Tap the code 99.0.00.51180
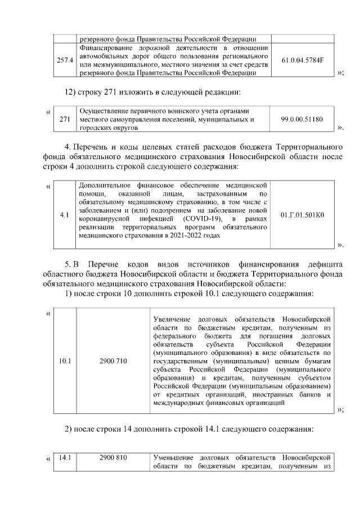point(302,120)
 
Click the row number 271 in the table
point(65,120)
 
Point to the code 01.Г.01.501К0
point(302,214)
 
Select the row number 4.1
point(65,214)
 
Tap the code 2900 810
point(112,457)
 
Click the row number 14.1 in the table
point(65,457)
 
